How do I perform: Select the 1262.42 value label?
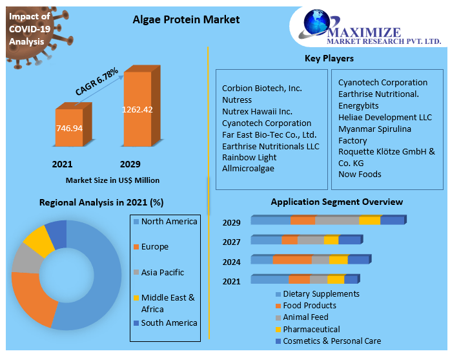(137, 109)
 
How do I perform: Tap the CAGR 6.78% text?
(96, 81)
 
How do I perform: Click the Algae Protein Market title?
(186, 19)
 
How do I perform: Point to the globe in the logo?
(316, 22)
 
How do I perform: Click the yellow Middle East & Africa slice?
(39, 241)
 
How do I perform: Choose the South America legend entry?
(165, 323)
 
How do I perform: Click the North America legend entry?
(165, 222)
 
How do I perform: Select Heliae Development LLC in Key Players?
(385, 117)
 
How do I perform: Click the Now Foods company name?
(360, 174)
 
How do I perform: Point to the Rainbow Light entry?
(249, 158)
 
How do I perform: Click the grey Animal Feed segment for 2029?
(337, 220)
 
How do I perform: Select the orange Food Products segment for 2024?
(292, 259)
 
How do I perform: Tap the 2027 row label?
(231, 242)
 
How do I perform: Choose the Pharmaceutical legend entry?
(308, 329)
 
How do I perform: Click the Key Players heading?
(329, 58)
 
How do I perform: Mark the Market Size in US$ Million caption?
(112, 180)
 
